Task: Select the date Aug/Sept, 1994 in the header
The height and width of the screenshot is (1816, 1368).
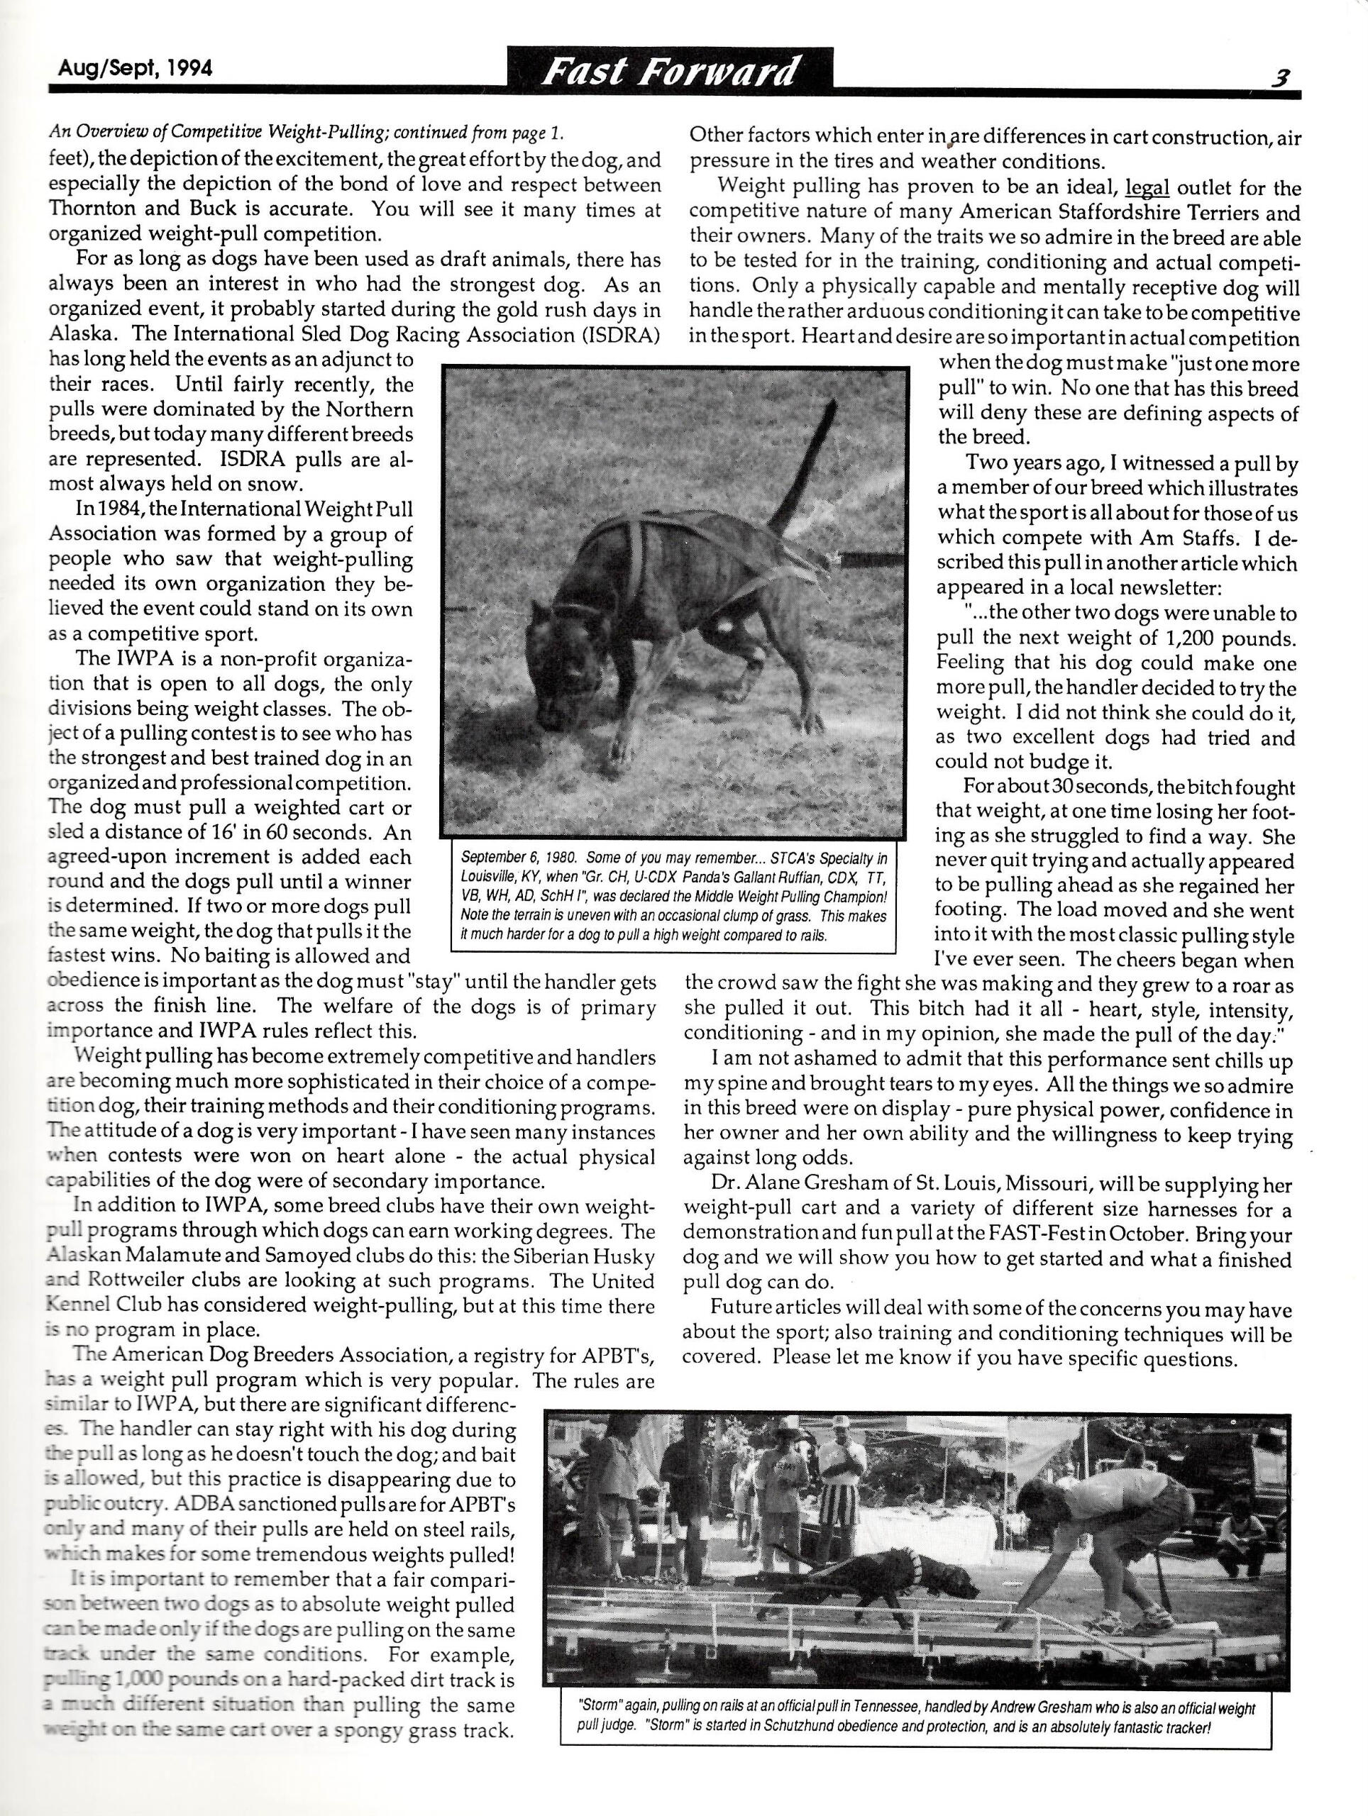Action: pos(136,68)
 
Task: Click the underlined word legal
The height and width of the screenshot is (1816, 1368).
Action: pos(1147,189)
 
